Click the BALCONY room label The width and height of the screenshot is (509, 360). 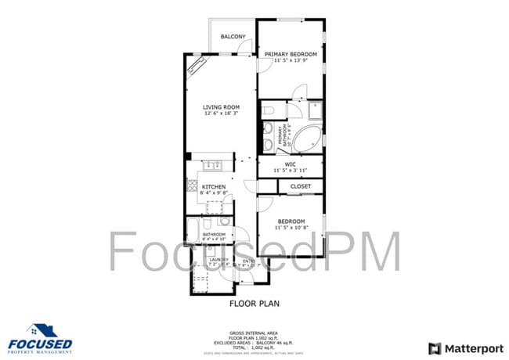(x=233, y=37)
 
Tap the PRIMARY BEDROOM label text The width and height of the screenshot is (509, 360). (x=290, y=54)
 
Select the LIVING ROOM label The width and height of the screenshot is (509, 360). (x=221, y=107)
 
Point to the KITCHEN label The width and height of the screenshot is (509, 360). (x=214, y=187)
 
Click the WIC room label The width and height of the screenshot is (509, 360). (x=290, y=164)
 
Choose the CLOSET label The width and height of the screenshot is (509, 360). (x=301, y=186)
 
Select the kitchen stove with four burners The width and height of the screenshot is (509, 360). (x=192, y=185)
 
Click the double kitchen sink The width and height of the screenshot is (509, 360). (x=211, y=164)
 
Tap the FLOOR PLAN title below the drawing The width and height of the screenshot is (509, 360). (x=254, y=303)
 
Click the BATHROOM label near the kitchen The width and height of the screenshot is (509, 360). (x=214, y=235)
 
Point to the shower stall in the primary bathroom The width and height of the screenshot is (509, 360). (x=315, y=110)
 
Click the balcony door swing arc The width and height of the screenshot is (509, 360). (x=246, y=48)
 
